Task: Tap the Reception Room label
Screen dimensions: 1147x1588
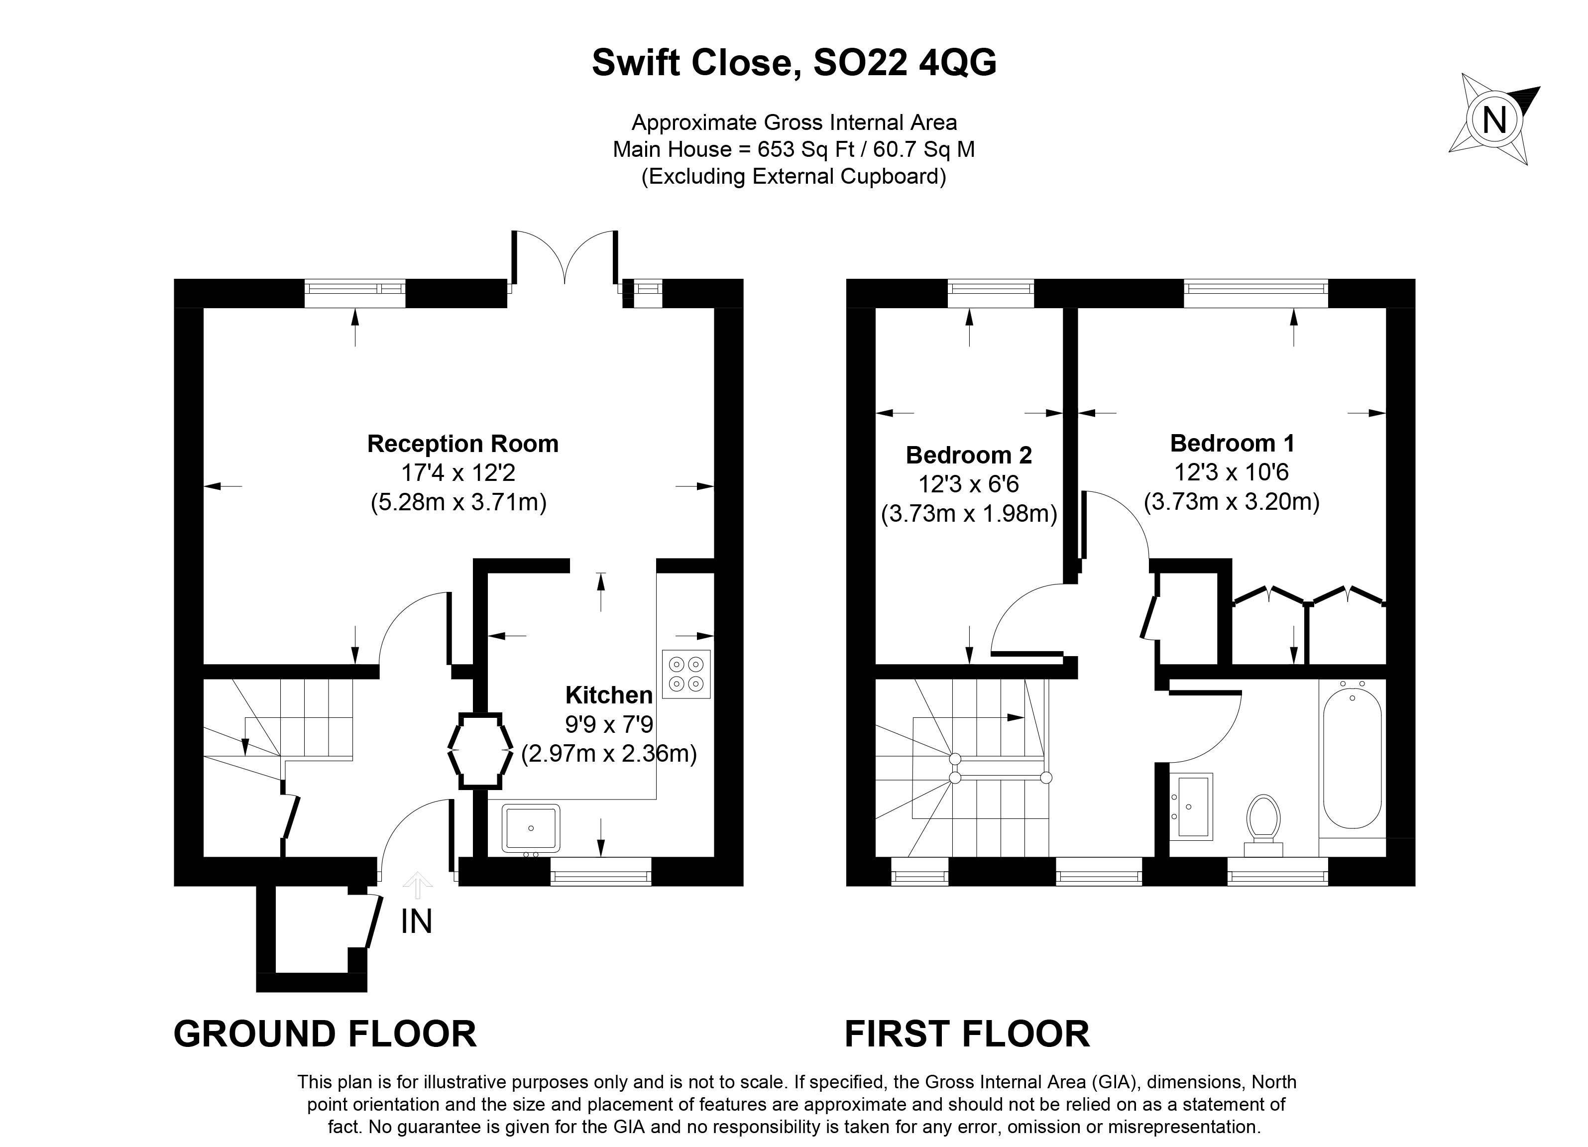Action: click(x=463, y=444)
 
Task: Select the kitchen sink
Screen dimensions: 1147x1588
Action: click(x=531, y=828)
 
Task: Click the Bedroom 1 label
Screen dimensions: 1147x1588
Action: click(x=1232, y=443)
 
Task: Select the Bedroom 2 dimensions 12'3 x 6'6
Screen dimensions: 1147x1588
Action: click(x=969, y=484)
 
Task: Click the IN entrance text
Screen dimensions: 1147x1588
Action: click(x=417, y=921)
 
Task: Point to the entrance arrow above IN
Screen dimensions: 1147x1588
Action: click(x=418, y=885)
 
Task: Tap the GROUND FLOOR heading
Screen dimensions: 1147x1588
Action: click(x=325, y=1034)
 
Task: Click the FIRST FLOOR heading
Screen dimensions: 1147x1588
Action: click(x=967, y=1034)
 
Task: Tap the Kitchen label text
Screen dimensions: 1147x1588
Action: click(x=608, y=695)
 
